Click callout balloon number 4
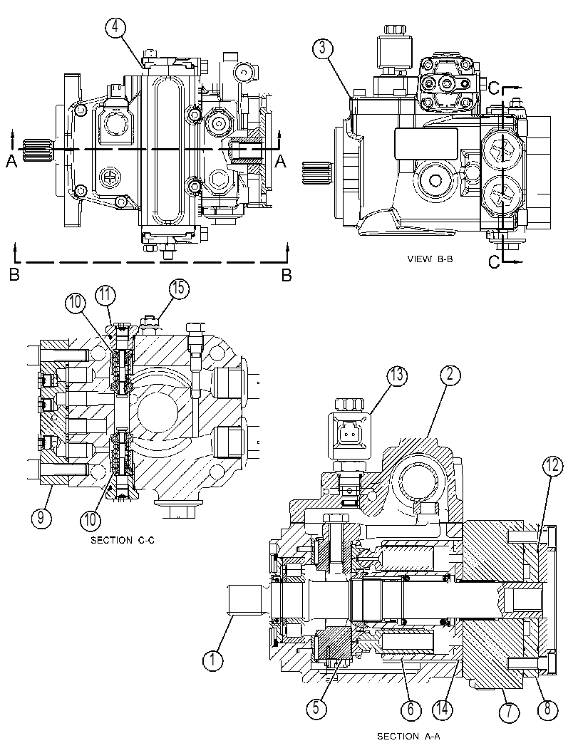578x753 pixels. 115,28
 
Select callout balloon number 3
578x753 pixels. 323,48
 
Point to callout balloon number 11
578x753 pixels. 105,295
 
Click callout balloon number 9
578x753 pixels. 42,518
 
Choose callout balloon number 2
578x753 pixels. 450,375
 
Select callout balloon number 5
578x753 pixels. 317,708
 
